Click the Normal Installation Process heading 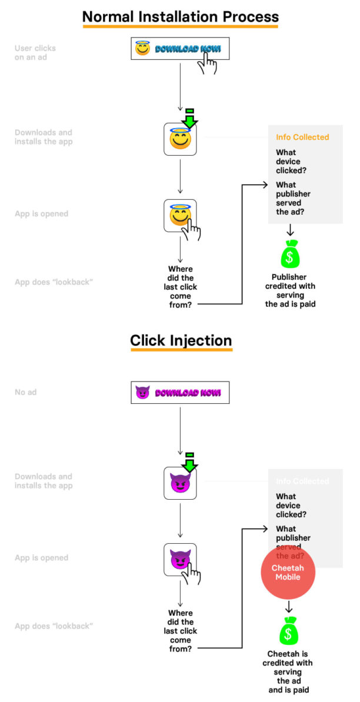click(180, 16)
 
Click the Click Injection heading click(181, 340)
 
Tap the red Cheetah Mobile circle click(288, 573)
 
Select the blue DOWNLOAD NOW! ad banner click(179, 49)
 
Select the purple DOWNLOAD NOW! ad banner click(179, 393)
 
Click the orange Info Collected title click(302, 137)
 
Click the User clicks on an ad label click(35, 52)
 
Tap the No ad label click(25, 392)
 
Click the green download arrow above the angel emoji click(189, 119)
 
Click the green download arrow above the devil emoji click(189, 463)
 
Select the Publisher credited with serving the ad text click(290, 290)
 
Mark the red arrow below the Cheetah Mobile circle click(288, 607)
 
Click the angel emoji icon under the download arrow click(180, 140)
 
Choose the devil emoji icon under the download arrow click(180, 483)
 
